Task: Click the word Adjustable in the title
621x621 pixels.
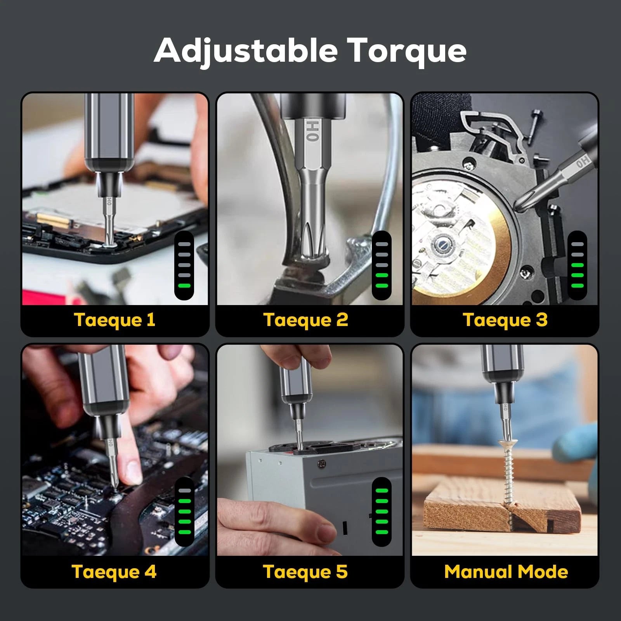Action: click(246, 50)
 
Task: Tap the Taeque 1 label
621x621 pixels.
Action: click(114, 320)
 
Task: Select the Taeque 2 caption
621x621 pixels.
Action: click(306, 320)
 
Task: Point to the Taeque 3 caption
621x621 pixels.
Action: click(505, 320)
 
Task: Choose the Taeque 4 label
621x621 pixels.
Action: click(114, 572)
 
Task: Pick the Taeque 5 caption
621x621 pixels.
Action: click(305, 572)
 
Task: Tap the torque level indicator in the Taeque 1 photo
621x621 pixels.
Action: click(184, 265)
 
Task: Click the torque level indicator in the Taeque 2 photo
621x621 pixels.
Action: click(382, 265)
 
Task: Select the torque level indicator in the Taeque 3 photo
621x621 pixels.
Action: click(577, 265)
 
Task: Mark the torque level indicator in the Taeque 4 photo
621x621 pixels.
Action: click(184, 512)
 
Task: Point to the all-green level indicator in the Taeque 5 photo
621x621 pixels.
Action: click(382, 512)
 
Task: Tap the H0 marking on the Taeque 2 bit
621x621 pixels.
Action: click(313, 131)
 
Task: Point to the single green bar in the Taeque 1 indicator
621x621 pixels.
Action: click(184, 286)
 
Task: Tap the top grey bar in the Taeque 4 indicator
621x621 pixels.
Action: click(184, 491)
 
